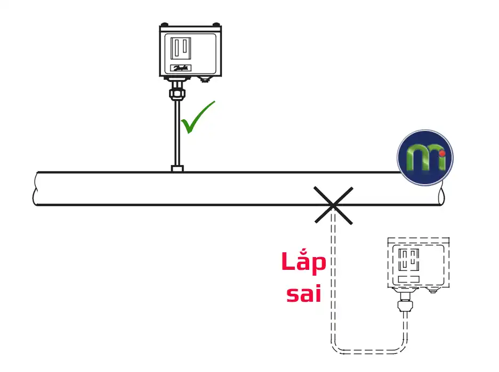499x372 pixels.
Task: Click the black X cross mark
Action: (x=334, y=205)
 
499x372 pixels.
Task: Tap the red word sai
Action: (x=303, y=294)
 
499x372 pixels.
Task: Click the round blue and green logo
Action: (x=425, y=158)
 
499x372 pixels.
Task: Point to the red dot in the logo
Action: (x=442, y=154)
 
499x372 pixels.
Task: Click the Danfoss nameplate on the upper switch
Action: (x=181, y=68)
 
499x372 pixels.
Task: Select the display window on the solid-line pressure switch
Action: (x=181, y=48)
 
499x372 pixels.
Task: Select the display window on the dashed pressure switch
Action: (x=408, y=259)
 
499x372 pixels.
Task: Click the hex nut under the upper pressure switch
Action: (x=177, y=94)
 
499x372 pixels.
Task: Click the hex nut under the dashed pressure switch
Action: (x=405, y=306)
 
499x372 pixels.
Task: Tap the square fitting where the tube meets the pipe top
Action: (x=177, y=169)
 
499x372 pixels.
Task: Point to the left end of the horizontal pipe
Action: (x=36, y=188)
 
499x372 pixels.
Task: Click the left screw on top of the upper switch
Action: (x=164, y=24)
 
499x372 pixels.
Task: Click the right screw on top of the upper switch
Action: (x=216, y=24)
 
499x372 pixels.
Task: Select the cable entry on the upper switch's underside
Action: (x=205, y=79)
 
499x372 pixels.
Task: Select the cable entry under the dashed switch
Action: (x=432, y=290)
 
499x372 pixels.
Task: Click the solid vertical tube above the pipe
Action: (x=177, y=133)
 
